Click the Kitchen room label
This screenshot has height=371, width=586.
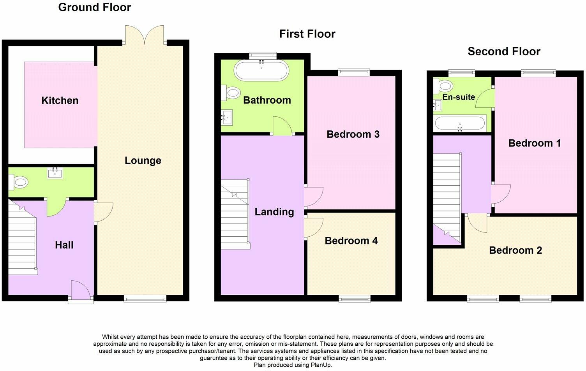tap(60, 100)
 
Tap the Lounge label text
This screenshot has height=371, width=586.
tap(143, 160)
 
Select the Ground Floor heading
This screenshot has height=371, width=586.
tap(95, 7)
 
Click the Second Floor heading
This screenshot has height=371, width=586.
tap(504, 51)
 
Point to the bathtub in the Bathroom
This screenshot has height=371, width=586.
tap(261, 70)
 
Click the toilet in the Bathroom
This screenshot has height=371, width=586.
tap(232, 93)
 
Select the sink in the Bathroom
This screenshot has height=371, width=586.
tap(227, 117)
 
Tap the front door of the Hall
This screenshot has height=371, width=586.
tap(81, 291)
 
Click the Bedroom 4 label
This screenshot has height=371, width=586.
tap(351, 241)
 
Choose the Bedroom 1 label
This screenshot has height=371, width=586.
tap(535, 143)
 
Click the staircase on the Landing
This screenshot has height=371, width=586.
tap(235, 214)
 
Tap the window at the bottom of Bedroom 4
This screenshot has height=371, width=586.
tap(355, 299)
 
